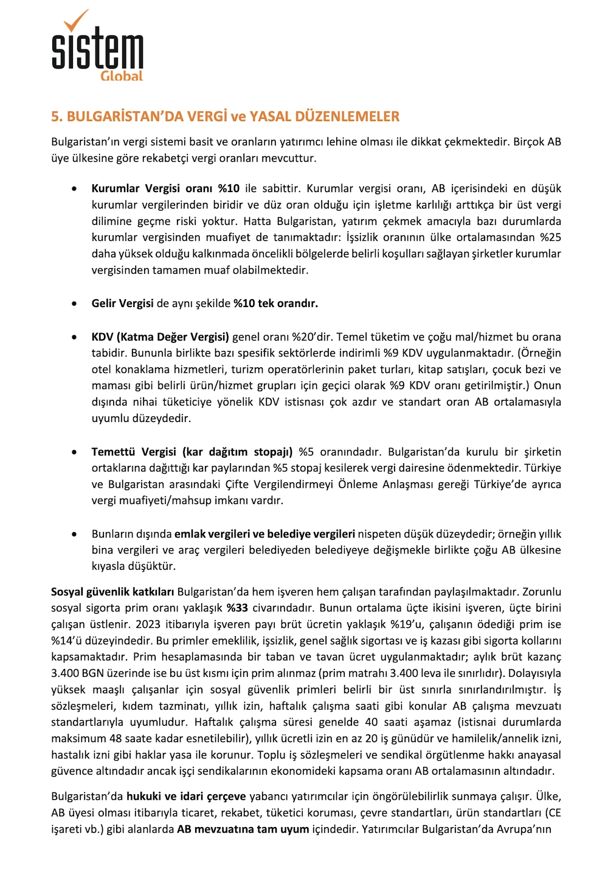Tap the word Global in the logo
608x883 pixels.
point(122,76)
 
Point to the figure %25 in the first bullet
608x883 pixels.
point(550,237)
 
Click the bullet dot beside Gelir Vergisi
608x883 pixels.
point(74,303)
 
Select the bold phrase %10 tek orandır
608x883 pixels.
point(275,303)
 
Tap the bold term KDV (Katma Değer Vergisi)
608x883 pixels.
point(161,337)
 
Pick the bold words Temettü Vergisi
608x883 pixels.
point(134,452)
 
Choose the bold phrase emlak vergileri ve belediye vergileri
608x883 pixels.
point(264,534)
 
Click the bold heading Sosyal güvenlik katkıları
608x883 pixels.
point(112,592)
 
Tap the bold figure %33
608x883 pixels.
point(237,608)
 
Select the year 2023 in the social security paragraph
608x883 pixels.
point(148,625)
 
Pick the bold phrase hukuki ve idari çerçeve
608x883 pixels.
point(186,797)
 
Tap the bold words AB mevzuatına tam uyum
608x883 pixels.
point(243,829)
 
